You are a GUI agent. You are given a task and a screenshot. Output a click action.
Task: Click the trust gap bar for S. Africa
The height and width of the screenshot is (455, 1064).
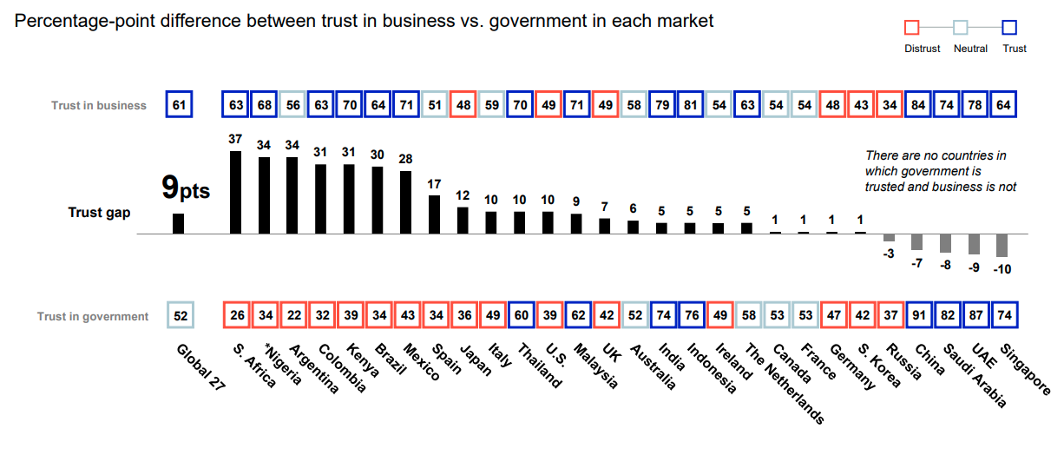[x=235, y=192]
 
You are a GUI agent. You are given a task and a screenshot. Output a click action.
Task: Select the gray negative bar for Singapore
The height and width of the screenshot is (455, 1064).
[x=1002, y=245]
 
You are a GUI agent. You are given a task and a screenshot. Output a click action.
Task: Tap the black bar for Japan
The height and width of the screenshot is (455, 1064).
[x=463, y=221]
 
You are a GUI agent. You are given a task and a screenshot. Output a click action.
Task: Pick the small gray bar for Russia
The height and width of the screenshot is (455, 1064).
[x=889, y=238]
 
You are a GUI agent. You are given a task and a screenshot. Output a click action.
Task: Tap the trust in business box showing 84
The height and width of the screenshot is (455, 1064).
[x=917, y=105]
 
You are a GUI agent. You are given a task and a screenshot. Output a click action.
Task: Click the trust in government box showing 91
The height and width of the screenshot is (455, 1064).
[x=917, y=316]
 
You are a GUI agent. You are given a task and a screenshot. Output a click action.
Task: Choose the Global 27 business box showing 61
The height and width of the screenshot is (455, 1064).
[x=179, y=105]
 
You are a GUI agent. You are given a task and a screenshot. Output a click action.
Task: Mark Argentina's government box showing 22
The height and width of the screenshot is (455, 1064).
[x=293, y=316]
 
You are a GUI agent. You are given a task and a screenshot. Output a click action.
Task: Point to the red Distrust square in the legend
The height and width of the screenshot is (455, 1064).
[x=911, y=28]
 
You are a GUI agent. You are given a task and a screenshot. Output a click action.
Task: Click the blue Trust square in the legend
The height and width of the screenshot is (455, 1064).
[x=1009, y=28]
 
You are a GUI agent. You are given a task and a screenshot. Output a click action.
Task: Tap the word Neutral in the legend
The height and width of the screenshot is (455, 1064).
[x=970, y=49]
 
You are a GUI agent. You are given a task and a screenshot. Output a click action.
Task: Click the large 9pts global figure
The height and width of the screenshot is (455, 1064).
[x=186, y=188]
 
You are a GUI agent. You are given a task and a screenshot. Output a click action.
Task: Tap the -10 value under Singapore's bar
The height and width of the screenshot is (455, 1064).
[x=1002, y=269]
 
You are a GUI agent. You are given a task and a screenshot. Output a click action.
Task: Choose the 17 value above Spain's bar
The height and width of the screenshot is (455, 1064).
[x=435, y=184]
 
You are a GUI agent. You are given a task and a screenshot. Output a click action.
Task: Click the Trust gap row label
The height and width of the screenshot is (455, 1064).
[x=99, y=212]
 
